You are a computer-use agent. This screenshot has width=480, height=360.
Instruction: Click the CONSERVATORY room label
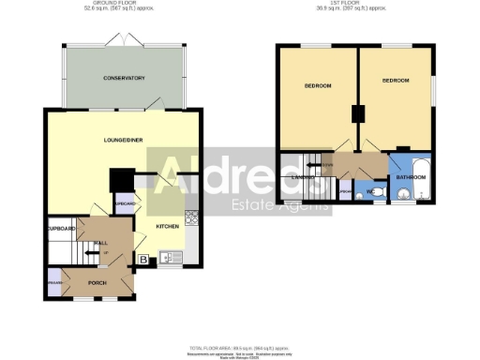click(124, 78)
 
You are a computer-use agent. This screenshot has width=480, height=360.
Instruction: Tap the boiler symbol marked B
click(143, 260)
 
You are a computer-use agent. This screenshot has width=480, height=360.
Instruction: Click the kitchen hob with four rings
click(191, 217)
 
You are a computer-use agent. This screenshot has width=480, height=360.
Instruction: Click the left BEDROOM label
click(318, 86)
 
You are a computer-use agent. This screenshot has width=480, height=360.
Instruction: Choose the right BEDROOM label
click(396, 81)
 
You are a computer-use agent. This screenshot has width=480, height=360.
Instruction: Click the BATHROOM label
click(410, 175)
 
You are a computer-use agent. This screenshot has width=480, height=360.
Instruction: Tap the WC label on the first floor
click(370, 192)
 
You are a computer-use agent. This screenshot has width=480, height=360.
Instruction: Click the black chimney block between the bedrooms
click(358, 114)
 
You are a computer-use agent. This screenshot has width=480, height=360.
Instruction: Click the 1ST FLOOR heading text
click(357, 4)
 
